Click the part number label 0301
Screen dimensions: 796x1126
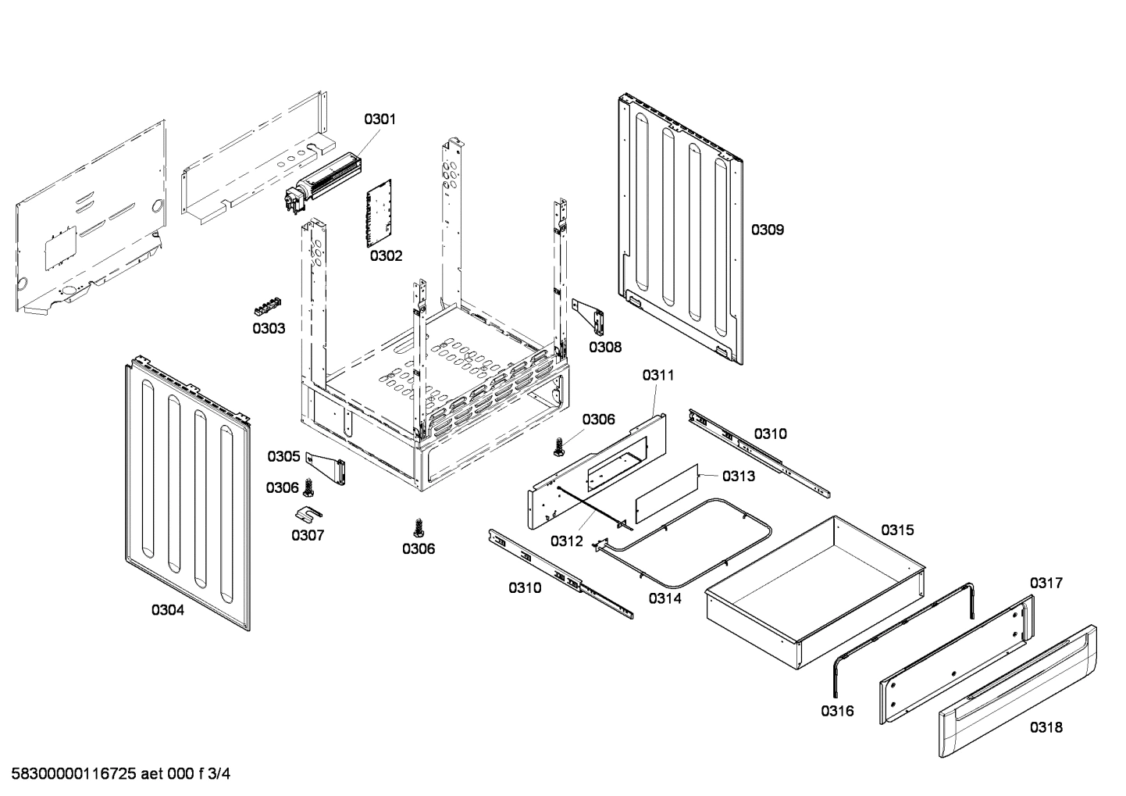tap(379, 120)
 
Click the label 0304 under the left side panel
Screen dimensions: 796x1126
tap(168, 610)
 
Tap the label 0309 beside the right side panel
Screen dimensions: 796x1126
tap(768, 230)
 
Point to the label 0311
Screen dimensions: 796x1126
tap(658, 375)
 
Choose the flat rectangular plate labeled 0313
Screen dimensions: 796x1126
tap(665, 492)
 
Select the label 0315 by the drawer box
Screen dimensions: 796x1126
tap(897, 530)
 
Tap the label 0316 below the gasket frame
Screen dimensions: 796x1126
tap(837, 711)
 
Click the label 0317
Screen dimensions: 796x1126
tap(1046, 583)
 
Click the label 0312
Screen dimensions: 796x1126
tap(566, 541)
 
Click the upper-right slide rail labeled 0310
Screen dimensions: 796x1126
tap(757, 453)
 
